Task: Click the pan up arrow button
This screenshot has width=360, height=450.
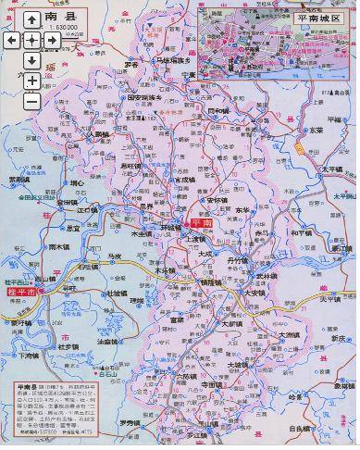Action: pyautogui.click(x=31, y=19)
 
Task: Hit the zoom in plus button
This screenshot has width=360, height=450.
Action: pyautogui.click(x=31, y=81)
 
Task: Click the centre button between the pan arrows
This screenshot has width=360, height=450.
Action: pyautogui.click(x=31, y=40)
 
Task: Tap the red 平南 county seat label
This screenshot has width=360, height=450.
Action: pyautogui.click(x=203, y=224)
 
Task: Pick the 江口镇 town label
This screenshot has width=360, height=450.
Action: pyautogui.click(x=87, y=210)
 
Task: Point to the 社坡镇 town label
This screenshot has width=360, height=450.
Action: pyautogui.click(x=117, y=293)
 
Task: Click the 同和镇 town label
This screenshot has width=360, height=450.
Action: pyautogui.click(x=218, y=109)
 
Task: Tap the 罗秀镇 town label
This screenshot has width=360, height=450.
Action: pyautogui.click(x=130, y=423)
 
